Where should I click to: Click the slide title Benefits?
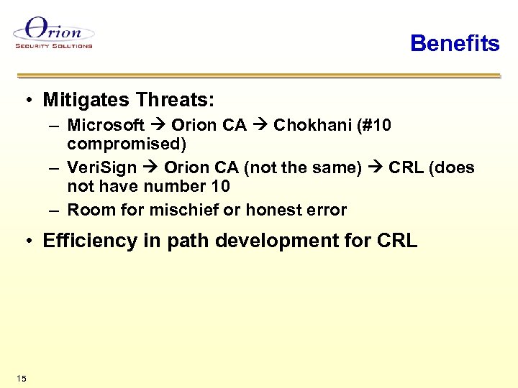(x=454, y=43)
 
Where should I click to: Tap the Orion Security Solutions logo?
(x=54, y=34)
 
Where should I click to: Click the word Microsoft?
(x=106, y=125)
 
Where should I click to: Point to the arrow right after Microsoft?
(x=158, y=125)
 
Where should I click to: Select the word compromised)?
(x=127, y=144)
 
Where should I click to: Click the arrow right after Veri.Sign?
(x=150, y=167)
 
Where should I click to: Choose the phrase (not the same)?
(x=303, y=167)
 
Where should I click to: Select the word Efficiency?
(x=87, y=241)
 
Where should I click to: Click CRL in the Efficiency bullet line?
(x=396, y=241)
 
